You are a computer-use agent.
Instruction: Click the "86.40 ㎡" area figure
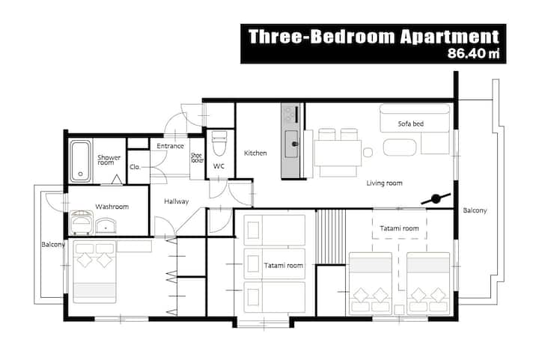tap(473, 54)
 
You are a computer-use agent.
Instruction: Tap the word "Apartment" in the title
tap(450, 37)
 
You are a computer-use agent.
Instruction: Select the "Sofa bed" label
tap(411, 123)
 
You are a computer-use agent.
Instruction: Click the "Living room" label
tap(384, 183)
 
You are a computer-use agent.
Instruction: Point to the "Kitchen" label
tap(255, 153)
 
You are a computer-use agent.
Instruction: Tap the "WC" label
tap(219, 166)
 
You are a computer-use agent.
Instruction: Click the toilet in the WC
tap(219, 143)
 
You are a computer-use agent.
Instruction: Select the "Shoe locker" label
tap(198, 158)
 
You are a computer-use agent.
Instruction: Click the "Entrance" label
tap(170, 146)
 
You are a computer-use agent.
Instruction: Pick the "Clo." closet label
tap(135, 167)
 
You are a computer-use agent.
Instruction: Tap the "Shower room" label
tap(109, 159)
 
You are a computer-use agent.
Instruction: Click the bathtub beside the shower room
tap(80, 161)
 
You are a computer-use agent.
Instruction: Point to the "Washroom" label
tap(112, 207)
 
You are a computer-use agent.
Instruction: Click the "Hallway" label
tap(177, 201)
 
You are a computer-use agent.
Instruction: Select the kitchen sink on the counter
tap(291, 144)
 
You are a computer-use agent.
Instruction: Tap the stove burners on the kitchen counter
tap(290, 114)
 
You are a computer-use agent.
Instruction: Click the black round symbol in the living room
tap(436, 198)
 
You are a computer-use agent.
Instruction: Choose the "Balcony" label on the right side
tap(475, 210)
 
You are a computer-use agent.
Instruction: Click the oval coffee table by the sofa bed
tap(400, 147)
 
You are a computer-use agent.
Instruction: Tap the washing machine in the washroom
tap(82, 222)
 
